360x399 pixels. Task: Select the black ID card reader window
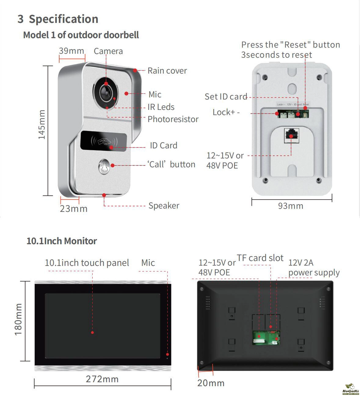point(104,141)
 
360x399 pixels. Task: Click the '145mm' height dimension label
point(42,125)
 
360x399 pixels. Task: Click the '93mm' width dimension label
point(290,206)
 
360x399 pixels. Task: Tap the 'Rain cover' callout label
point(167,71)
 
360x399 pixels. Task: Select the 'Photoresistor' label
point(173,119)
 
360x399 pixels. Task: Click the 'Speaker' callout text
point(164,206)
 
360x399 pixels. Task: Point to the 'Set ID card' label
point(226,97)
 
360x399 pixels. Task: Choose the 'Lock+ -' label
point(226,112)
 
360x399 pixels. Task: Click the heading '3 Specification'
point(58,19)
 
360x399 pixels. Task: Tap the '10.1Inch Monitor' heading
point(62,241)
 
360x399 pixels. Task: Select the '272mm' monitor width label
point(102,379)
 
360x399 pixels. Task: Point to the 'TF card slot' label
point(260,258)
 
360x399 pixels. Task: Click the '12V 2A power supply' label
point(314,268)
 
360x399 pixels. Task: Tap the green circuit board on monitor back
point(266,338)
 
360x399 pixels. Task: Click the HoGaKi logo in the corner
point(350,390)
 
